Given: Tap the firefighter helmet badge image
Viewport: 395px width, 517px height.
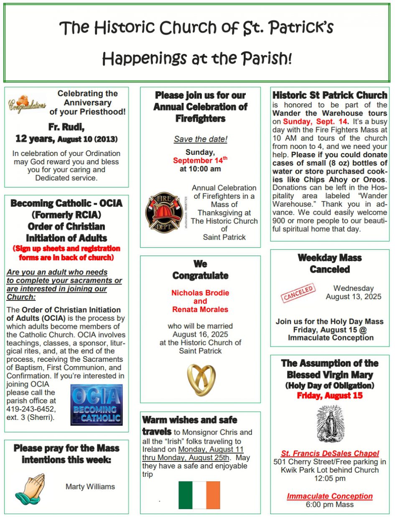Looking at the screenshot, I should click(x=163, y=212).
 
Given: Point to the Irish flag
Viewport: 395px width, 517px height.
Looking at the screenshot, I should click(x=199, y=495).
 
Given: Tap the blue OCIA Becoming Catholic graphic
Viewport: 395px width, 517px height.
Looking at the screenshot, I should click(x=96, y=404).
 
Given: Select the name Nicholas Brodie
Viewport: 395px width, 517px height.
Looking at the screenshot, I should click(x=200, y=293).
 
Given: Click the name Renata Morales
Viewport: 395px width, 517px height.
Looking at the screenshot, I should click(x=200, y=310).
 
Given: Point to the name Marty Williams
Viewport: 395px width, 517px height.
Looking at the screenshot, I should click(x=90, y=486).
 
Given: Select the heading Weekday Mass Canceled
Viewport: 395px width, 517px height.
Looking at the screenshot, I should click(x=329, y=264).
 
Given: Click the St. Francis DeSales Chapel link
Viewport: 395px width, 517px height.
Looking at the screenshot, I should click(x=330, y=453).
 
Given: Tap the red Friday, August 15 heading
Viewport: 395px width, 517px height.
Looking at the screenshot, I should click(x=330, y=395).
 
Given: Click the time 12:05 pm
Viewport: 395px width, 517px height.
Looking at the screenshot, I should click(x=330, y=478).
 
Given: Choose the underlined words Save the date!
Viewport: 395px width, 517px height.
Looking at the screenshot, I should click(x=200, y=139).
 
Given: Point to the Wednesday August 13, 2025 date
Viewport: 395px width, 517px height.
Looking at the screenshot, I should click(x=354, y=292).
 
